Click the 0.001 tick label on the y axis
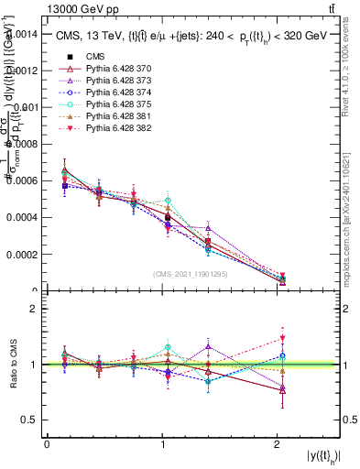point(26,107)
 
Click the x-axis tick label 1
point(163,443)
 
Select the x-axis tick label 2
point(278,443)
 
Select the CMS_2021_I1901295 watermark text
point(191,274)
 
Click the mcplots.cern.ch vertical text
point(350,220)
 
